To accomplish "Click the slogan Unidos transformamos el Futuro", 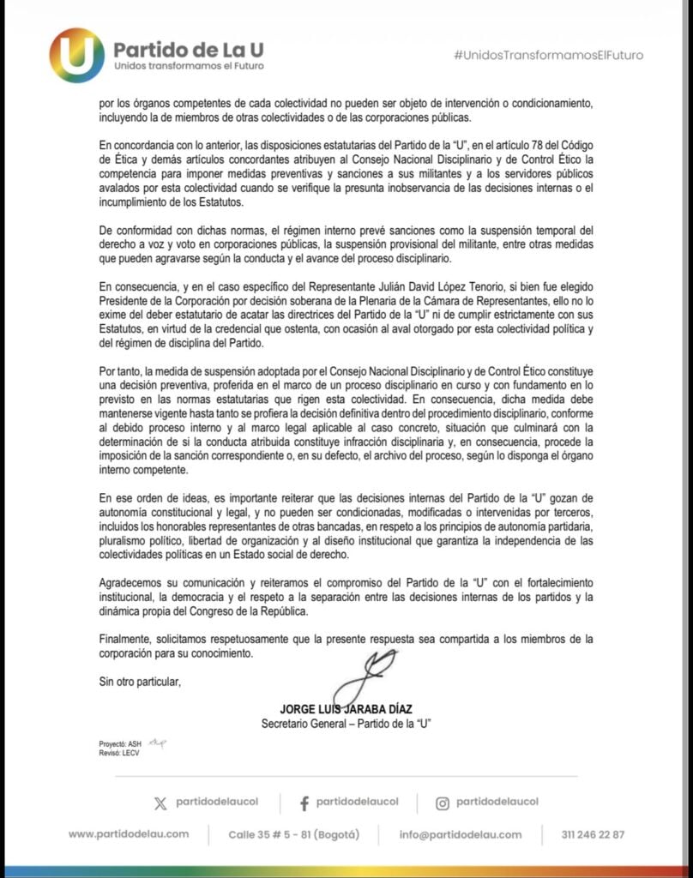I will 189,66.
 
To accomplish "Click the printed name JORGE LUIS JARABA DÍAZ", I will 346,709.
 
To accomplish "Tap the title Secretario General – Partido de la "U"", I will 346,724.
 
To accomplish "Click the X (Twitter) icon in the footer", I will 160,803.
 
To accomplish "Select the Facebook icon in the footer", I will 304,803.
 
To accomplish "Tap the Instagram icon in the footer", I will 443,803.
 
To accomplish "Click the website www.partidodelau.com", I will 129,834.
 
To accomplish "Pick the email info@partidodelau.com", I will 461,834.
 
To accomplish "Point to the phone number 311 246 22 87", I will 594,834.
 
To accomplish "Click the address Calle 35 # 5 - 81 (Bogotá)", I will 293,834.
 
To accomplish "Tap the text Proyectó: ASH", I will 120,743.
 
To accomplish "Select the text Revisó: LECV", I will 118,753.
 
